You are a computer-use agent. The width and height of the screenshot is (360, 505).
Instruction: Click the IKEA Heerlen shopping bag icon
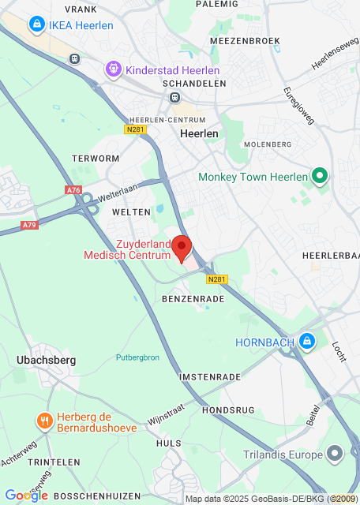point(36,25)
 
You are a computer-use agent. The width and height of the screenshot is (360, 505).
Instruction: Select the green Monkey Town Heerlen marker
point(320,176)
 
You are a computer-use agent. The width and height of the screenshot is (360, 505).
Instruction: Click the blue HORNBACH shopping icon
point(307,342)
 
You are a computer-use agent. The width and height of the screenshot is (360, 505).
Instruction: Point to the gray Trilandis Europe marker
point(336,454)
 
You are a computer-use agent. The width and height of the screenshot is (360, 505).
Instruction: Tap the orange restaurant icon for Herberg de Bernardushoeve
point(44,421)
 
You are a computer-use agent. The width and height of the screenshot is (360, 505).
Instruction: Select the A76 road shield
point(73,190)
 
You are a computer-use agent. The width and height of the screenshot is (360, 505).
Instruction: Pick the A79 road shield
point(29,225)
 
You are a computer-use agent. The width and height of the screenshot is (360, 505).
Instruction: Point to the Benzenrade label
point(189,300)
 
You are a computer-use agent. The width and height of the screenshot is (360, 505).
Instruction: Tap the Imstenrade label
point(209,377)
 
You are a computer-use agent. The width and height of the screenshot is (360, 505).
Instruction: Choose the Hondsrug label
point(230,410)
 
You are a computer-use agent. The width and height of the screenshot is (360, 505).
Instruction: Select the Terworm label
point(95,159)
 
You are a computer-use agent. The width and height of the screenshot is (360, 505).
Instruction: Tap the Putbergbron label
point(137,357)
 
